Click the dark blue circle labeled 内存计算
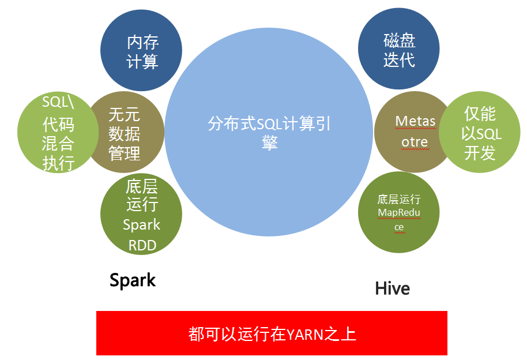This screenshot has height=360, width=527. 141,50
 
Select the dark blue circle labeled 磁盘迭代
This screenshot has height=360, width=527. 398,49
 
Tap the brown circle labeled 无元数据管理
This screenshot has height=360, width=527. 124,132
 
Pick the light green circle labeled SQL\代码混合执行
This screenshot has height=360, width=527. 58,132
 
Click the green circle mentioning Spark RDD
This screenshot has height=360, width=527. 141,214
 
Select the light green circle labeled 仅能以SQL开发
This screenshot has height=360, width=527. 480,132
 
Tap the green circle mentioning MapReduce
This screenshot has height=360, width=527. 398,212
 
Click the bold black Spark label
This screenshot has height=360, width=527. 133,280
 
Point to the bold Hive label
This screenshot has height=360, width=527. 392,288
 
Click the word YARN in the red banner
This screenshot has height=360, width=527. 305,335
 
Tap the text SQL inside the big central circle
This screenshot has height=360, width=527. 269,124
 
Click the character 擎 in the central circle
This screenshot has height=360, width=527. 269,142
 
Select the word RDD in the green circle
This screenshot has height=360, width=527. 142,246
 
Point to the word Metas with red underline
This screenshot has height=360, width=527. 415,121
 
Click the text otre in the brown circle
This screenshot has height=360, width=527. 415,142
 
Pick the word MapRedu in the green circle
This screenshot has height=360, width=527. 399,213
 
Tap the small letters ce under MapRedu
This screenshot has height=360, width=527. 399,227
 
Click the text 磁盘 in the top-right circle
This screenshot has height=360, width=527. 399,41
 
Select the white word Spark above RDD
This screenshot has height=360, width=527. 141,225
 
